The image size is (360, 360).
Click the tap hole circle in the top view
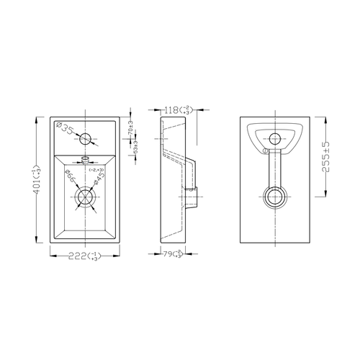[x=85, y=138]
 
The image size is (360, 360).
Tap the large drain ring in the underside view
[x=274, y=196]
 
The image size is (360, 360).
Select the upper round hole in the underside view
[x=274, y=138]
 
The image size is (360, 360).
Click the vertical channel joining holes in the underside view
[x=274, y=169]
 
